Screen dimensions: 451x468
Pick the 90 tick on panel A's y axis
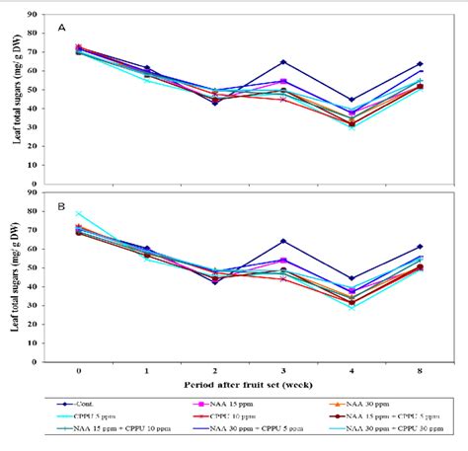36,15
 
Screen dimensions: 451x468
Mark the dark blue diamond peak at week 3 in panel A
282,62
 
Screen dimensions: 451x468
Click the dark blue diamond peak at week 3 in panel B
282,241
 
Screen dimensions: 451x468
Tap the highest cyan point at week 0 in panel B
78,213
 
